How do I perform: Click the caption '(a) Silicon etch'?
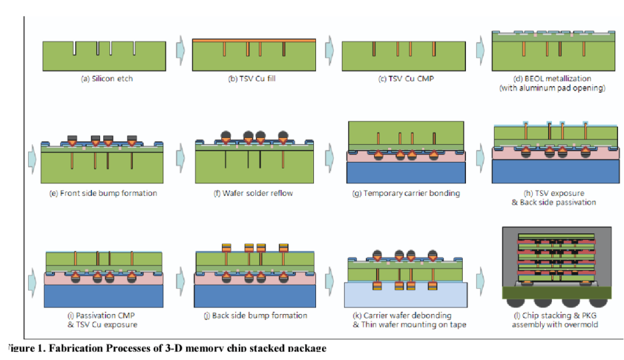[x=107, y=79]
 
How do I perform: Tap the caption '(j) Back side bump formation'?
[x=256, y=315]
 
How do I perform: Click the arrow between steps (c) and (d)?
[x=479, y=50]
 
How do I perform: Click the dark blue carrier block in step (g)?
[x=406, y=172]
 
